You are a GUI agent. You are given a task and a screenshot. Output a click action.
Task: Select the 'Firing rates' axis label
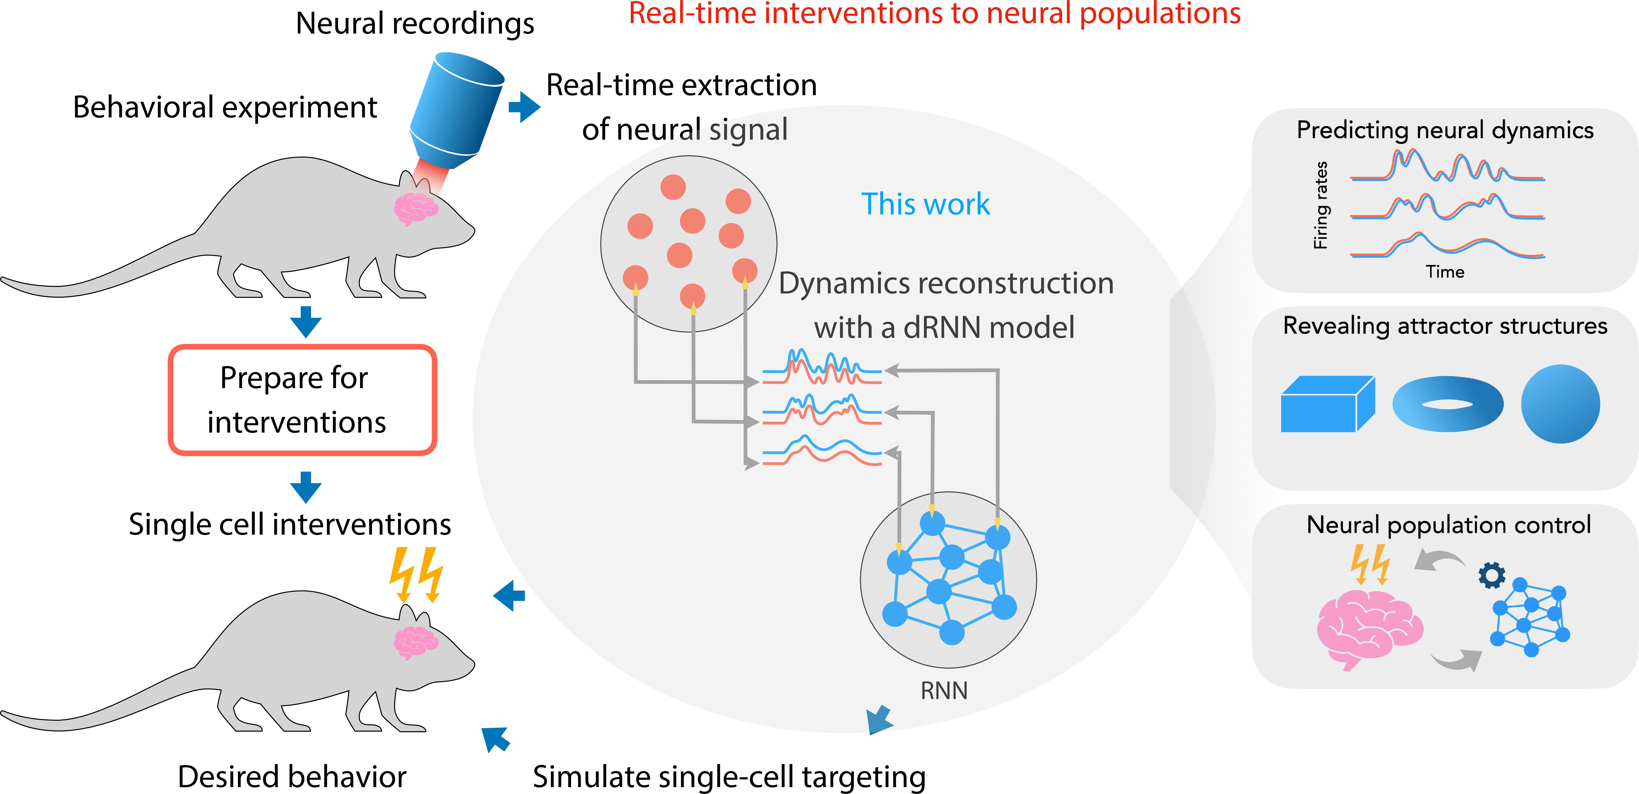[x=1321, y=205]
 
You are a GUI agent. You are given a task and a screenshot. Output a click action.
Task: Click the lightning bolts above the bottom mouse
[x=417, y=574]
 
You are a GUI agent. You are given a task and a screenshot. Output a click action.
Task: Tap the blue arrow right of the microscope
[x=524, y=107]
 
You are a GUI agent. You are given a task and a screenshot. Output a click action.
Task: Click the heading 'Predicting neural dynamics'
[x=1445, y=130]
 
